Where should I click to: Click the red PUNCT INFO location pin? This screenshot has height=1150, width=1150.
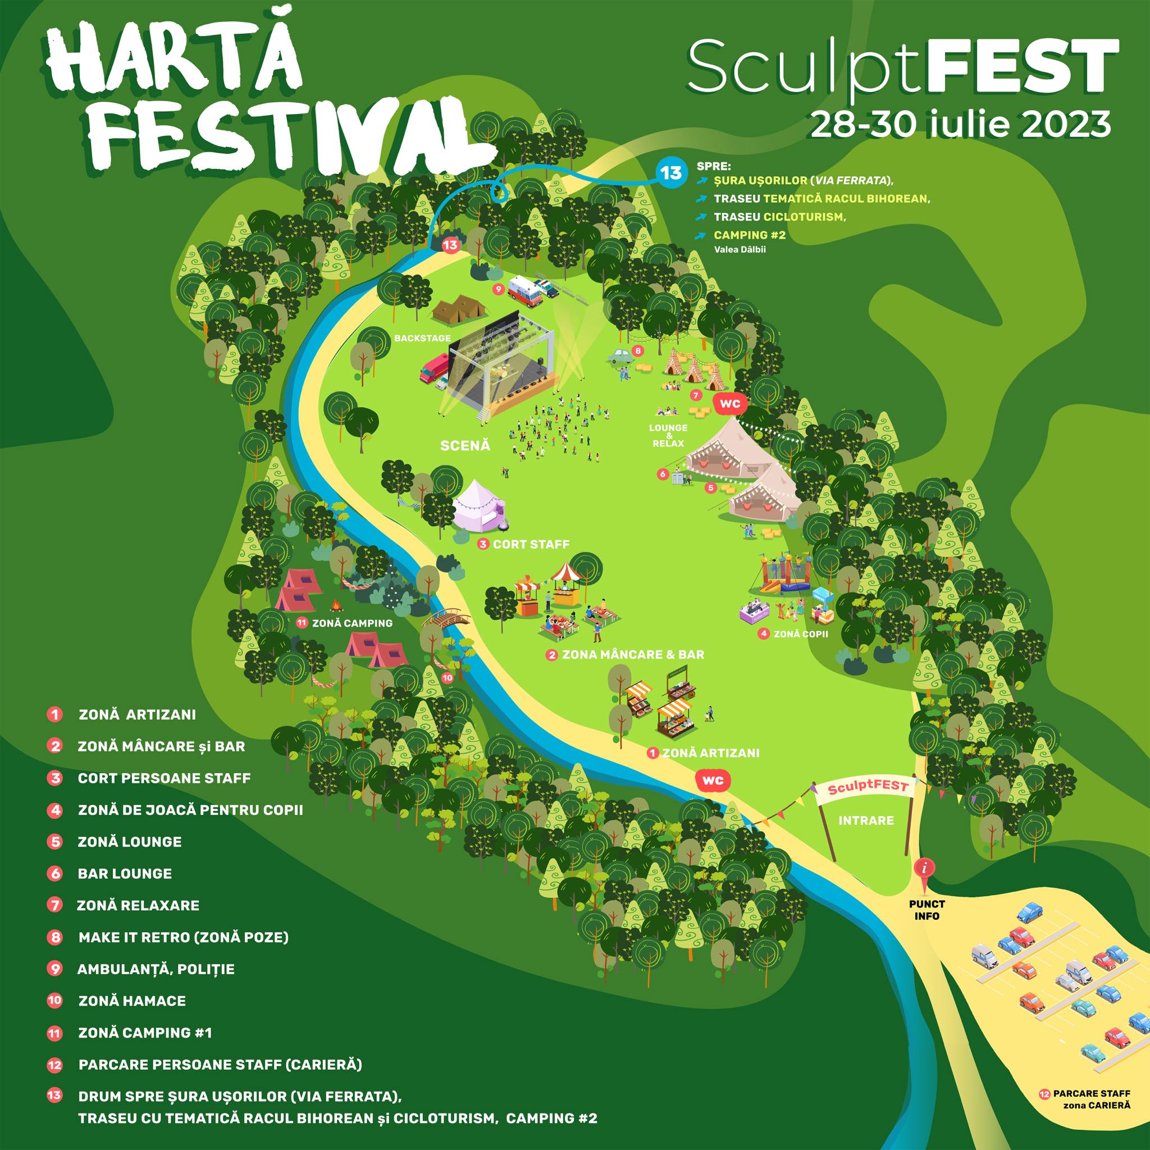(924, 867)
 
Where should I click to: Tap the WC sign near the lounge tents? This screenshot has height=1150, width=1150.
(729, 404)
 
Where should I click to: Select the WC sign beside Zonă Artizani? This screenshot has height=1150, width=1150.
(713, 780)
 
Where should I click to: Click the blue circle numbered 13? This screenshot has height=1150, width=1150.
(671, 172)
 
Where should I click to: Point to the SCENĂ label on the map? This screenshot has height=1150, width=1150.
(465, 445)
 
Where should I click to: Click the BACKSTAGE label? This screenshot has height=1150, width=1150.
(422, 338)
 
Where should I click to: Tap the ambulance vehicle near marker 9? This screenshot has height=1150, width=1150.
(526, 290)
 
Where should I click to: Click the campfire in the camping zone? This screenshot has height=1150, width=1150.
(336, 605)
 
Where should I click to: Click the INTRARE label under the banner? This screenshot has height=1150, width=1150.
(865, 820)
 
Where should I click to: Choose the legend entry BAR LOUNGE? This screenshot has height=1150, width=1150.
(125, 873)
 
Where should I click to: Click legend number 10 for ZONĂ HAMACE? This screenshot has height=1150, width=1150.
(55, 1000)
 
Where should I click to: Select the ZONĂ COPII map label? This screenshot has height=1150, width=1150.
(800, 634)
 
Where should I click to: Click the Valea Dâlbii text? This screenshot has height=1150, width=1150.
(740, 249)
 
